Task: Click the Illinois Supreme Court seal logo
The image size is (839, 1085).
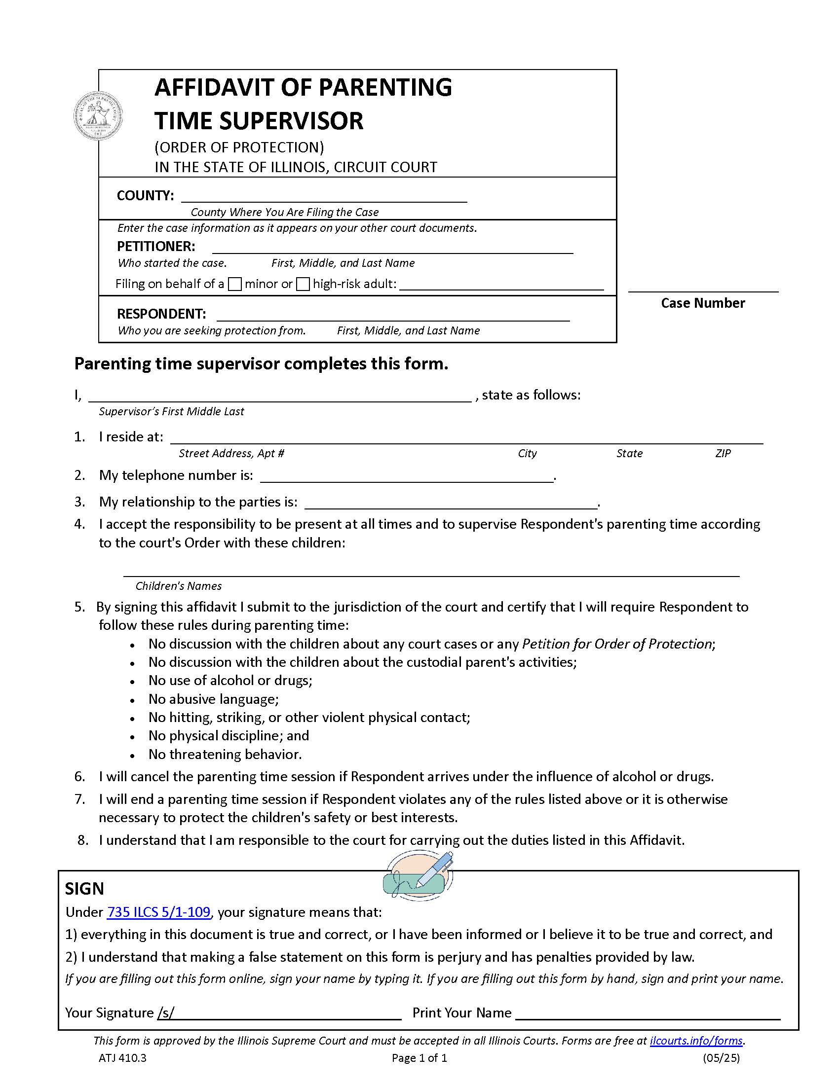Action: click(98, 116)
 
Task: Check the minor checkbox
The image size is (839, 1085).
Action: click(234, 285)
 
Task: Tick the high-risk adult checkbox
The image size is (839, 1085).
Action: click(303, 285)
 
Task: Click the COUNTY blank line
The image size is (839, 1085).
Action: click(324, 197)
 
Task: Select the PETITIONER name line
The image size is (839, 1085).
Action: click(393, 248)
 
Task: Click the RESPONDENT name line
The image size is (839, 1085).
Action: click(393, 316)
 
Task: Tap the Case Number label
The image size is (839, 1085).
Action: click(702, 303)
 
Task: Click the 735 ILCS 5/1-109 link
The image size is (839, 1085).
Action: click(158, 912)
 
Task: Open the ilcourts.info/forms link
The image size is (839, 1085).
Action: click(696, 1041)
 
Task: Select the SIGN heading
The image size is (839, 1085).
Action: click(84, 889)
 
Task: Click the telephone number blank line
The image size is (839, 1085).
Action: click(407, 476)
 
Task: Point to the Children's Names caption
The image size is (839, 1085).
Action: click(179, 586)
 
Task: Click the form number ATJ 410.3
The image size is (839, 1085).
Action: click(122, 1058)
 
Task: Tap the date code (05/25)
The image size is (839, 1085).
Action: click(721, 1058)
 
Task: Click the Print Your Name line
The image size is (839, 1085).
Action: click(648, 1013)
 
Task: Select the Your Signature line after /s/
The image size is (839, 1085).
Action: click(287, 1013)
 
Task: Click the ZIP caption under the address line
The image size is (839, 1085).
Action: click(723, 454)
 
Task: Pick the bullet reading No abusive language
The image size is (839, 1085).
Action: click(213, 699)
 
